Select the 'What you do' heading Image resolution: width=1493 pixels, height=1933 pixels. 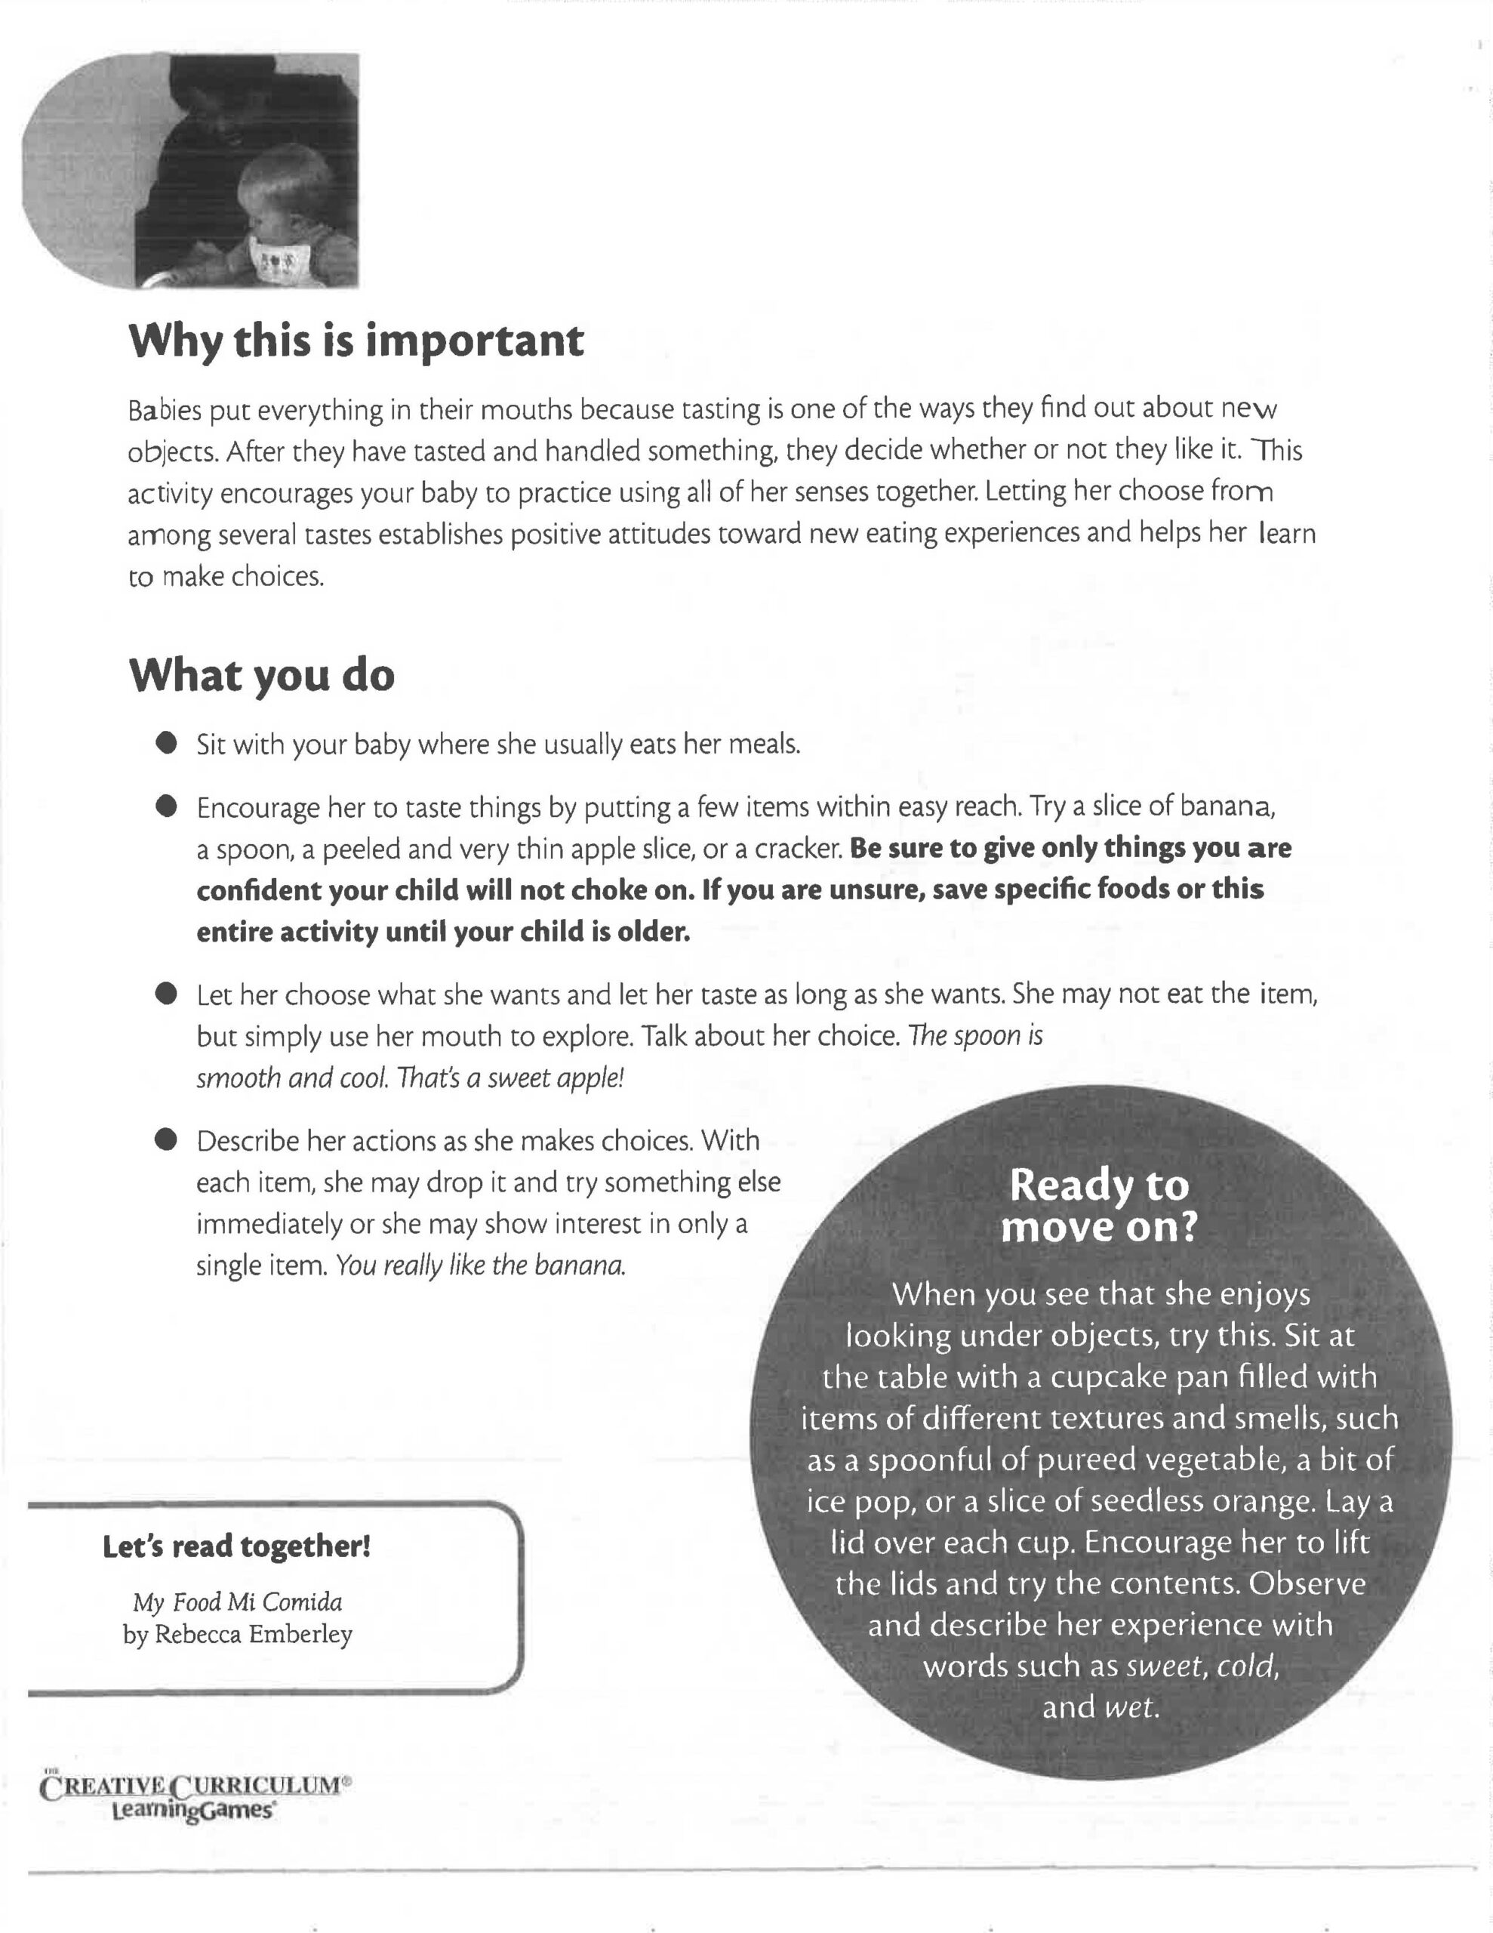(x=262, y=675)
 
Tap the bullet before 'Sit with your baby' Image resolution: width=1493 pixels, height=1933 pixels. (x=165, y=744)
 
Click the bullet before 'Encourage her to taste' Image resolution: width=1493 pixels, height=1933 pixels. (x=165, y=806)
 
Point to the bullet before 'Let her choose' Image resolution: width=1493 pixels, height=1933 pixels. (x=165, y=994)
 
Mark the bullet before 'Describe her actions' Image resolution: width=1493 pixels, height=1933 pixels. (x=165, y=1140)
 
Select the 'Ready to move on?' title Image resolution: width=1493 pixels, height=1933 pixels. (x=1099, y=1205)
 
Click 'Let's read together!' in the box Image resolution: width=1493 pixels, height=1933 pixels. (x=236, y=1546)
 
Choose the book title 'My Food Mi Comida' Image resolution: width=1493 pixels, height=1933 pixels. (x=237, y=1602)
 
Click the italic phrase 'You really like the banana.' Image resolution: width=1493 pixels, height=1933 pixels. (x=481, y=1266)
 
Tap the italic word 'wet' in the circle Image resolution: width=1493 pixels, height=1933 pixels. (x=1131, y=1706)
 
